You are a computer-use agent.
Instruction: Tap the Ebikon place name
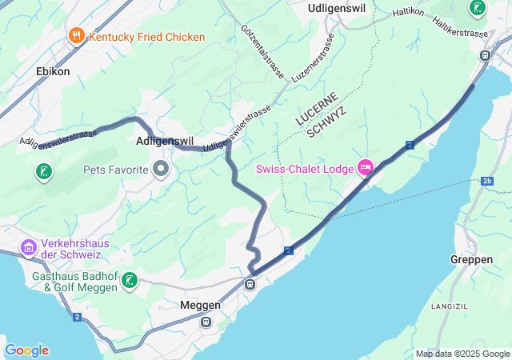pos(53,71)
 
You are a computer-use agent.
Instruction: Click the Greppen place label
pos(471,259)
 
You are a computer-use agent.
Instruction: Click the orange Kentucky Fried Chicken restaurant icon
pos(77,35)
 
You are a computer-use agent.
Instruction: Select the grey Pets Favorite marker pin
pos(161,169)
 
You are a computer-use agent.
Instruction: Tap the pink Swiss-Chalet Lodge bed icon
pos(366,167)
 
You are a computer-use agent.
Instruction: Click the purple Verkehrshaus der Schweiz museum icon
pos(29,247)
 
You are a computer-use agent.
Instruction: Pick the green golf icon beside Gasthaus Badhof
pos(129,280)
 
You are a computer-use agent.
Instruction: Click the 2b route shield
pos(487,182)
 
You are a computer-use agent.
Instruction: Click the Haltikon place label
pos(408,12)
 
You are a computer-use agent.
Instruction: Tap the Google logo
pos(26,350)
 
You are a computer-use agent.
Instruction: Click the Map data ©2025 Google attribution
pos(462,354)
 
